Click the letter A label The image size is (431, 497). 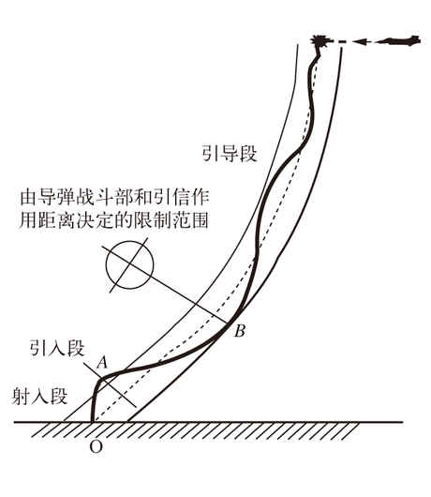pyautogui.click(x=102, y=362)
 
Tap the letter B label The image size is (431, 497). pyautogui.click(x=240, y=331)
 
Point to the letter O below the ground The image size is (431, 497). pyautogui.click(x=96, y=447)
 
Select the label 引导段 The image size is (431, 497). pyautogui.click(x=230, y=154)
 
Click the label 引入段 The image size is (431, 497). pyautogui.click(x=57, y=348)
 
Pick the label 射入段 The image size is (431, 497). pyautogui.click(x=40, y=396)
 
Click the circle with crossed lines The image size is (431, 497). pyautogui.click(x=130, y=265)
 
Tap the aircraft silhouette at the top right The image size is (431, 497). pyautogui.click(x=402, y=40)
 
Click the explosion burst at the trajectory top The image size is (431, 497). pyautogui.click(x=320, y=41)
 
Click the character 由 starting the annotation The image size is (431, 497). pyautogui.click(x=27, y=197)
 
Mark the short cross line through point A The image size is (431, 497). pyautogui.click(x=110, y=384)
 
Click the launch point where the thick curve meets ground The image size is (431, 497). pyautogui.click(x=93, y=421)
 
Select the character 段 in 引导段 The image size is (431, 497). pyautogui.click(x=248, y=154)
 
